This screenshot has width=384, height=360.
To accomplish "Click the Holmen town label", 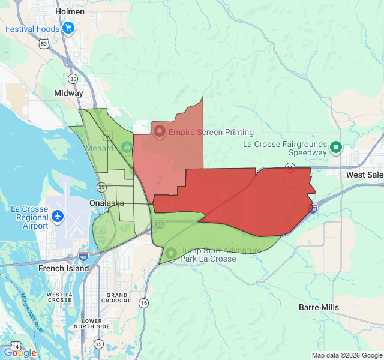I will [x=70, y=11].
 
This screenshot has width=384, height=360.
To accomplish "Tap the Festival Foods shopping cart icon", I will [x=68, y=28].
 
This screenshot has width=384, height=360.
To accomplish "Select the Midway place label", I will [x=69, y=94].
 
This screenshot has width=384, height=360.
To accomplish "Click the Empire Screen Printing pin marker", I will [x=160, y=131].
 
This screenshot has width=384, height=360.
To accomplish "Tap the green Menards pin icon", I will [x=127, y=146].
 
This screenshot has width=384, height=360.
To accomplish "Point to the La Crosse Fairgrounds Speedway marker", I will [x=337, y=147].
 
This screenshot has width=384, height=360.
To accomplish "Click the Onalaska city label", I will [x=107, y=203].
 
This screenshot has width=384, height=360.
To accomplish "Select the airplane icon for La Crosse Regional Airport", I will [x=58, y=215].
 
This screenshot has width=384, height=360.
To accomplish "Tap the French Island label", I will [x=64, y=268].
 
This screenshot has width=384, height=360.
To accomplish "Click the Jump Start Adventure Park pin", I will [x=171, y=253].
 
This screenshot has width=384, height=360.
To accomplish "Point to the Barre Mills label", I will [x=319, y=307].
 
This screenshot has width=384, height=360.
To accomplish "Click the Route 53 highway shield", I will [x=44, y=44].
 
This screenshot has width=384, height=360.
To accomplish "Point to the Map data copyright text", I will [x=347, y=355].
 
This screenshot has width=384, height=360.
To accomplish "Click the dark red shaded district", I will [x=252, y=198].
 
